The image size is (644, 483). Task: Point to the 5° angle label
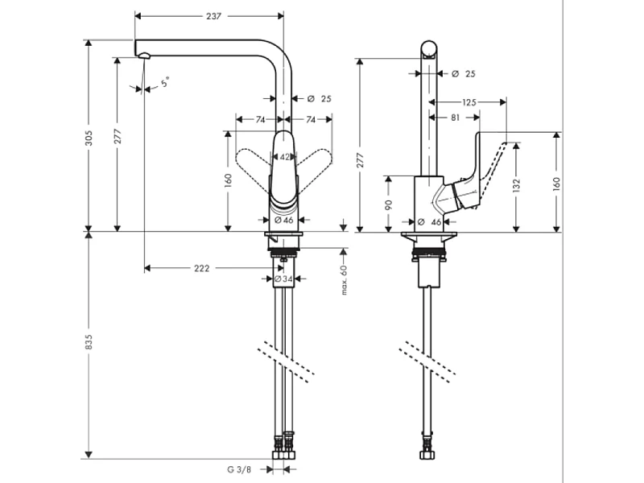tap(165, 82)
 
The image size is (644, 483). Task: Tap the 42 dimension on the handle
tap(284, 158)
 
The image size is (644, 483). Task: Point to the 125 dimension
tap(470, 102)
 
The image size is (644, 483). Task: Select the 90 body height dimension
tap(389, 205)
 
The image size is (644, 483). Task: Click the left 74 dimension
tap(260, 119)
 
